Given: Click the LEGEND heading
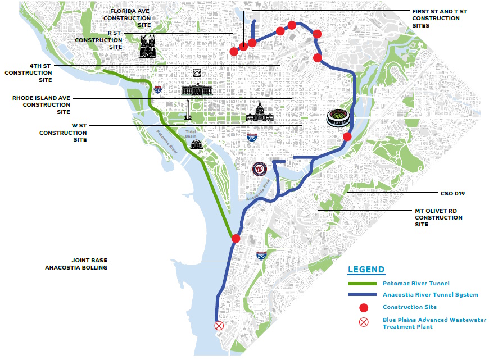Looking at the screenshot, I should click(x=366, y=270).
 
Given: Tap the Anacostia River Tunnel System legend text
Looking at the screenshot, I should click(x=430, y=295).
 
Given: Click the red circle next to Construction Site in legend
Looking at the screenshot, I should click(x=364, y=307).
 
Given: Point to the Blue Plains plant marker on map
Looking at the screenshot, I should click(x=219, y=325).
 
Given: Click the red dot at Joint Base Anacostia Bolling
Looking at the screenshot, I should click(x=236, y=239).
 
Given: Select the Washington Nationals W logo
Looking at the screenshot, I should click(x=259, y=168).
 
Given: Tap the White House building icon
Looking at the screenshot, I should click(x=197, y=90).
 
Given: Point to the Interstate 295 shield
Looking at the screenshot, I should click(x=261, y=256).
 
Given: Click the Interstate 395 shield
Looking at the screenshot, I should click(x=252, y=138).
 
